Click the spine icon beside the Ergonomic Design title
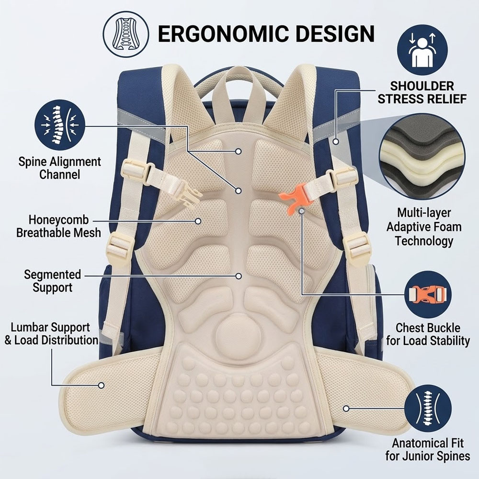(126, 34)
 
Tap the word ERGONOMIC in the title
(224, 34)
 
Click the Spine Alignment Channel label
(59, 168)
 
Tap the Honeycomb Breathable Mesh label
(58, 226)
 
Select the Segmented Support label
(53, 281)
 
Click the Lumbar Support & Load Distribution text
(51, 333)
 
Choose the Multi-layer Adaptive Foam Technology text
(424, 227)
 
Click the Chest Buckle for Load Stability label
(428, 334)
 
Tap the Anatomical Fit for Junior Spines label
(428, 449)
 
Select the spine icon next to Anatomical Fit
(428, 408)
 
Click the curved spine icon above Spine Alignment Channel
(59, 125)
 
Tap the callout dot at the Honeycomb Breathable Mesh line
(198, 221)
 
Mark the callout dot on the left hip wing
(101, 385)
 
